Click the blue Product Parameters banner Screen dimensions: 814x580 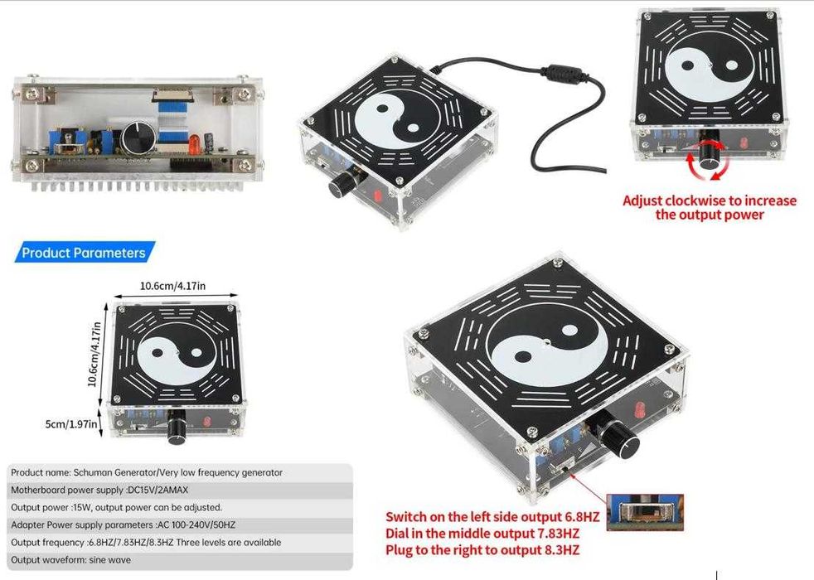(85, 253)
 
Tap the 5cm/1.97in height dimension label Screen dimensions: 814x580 (71, 424)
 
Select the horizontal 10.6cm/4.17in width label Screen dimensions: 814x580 (173, 286)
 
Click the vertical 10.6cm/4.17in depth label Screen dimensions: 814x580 (94, 355)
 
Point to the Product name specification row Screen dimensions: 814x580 (147, 472)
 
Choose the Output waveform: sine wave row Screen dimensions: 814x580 (71, 560)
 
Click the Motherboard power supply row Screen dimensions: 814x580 (99, 490)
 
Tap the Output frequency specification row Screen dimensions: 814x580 (146, 542)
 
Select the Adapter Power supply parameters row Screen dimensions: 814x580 (123, 524)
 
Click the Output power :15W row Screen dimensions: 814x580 (116, 507)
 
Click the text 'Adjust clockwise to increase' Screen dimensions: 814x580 (709, 201)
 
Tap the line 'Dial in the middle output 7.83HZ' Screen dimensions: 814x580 (482, 534)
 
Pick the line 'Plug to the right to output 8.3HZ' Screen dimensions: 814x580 (482, 550)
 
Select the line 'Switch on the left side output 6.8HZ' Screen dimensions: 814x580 (492, 517)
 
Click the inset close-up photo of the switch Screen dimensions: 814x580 (645, 512)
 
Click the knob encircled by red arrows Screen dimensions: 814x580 (708, 153)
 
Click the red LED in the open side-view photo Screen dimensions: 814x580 (194, 144)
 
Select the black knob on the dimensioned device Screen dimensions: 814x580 (177, 427)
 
